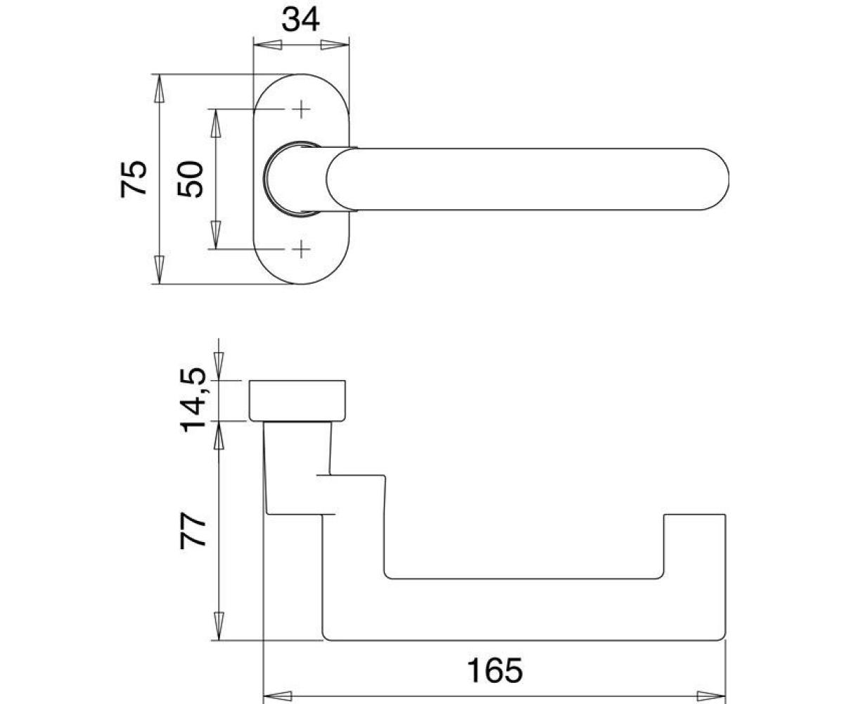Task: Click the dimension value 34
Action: pos(300,20)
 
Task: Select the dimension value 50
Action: pos(191,180)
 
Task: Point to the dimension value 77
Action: pos(193,531)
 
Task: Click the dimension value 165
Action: pos(494,670)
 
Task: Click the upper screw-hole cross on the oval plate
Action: pos(301,109)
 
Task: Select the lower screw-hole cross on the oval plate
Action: pos(301,249)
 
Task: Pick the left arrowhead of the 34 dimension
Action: pos(267,44)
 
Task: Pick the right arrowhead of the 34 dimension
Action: pos(335,44)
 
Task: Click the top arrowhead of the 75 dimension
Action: pos(160,89)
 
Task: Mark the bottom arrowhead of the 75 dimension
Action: pos(160,270)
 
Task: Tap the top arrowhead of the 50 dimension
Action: pos(216,123)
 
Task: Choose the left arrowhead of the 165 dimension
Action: pos(277,696)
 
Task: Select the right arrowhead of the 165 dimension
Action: pos(712,696)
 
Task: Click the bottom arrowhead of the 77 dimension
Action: pos(219,627)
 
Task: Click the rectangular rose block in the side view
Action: pos(297,401)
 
